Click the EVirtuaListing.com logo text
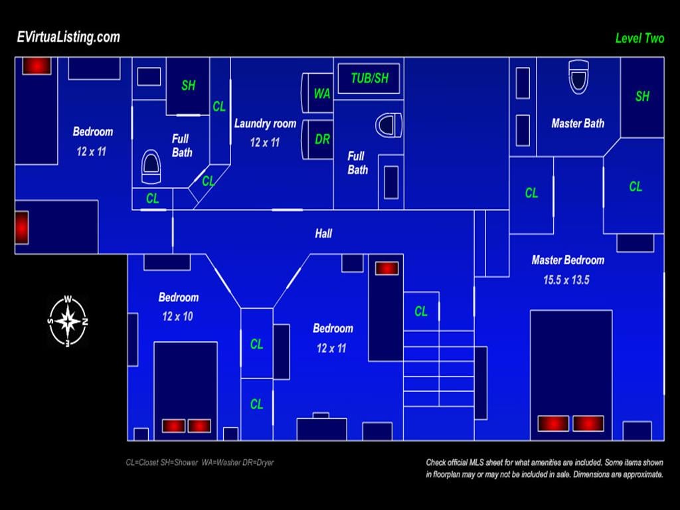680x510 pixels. click(68, 37)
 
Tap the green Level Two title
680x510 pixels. click(639, 38)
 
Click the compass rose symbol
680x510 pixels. click(68, 321)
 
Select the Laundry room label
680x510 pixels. click(265, 124)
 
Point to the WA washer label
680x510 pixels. click(322, 94)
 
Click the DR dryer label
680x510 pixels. click(322, 139)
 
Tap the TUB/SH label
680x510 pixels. click(369, 78)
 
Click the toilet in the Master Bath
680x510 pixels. click(578, 76)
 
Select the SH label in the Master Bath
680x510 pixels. click(642, 96)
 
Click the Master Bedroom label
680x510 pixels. click(568, 260)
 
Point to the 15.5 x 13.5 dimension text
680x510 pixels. click(566, 280)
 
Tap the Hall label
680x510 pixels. click(323, 234)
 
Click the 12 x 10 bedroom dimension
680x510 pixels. click(177, 317)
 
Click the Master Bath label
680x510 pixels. click(578, 124)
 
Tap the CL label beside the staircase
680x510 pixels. click(420, 311)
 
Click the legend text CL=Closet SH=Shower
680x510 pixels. click(162, 463)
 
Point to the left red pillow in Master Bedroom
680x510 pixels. click(553, 423)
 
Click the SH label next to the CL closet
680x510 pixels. click(188, 86)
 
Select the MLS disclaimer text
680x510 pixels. click(545, 468)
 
